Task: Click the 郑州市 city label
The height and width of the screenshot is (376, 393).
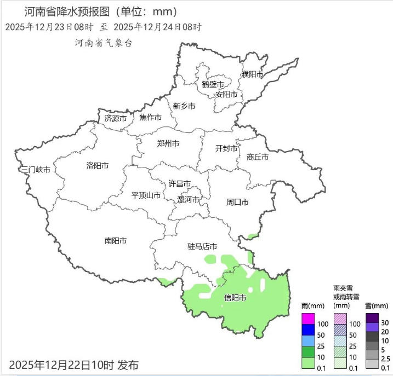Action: (x=168, y=144)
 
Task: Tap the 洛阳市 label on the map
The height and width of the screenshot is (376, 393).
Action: (x=98, y=165)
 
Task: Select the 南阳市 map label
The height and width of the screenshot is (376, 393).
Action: (x=116, y=240)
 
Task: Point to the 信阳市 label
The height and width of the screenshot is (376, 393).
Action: (x=235, y=298)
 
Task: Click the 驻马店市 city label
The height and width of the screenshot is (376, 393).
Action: (x=202, y=246)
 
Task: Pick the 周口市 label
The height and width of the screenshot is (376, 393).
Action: (x=237, y=202)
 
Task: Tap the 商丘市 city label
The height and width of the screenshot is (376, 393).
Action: (x=258, y=157)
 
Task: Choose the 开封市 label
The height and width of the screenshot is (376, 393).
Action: (x=226, y=148)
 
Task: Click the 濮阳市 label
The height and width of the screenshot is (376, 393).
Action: (x=252, y=74)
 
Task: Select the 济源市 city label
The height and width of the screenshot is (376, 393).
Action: (x=116, y=118)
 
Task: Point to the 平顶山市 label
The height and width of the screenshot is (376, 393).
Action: (x=146, y=195)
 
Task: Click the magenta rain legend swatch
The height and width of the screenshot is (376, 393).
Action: (x=309, y=319)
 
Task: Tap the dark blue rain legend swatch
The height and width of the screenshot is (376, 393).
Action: (x=309, y=329)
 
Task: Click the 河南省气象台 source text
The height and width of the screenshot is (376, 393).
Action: (x=104, y=43)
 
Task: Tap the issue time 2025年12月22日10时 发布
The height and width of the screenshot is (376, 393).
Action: (x=74, y=365)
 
